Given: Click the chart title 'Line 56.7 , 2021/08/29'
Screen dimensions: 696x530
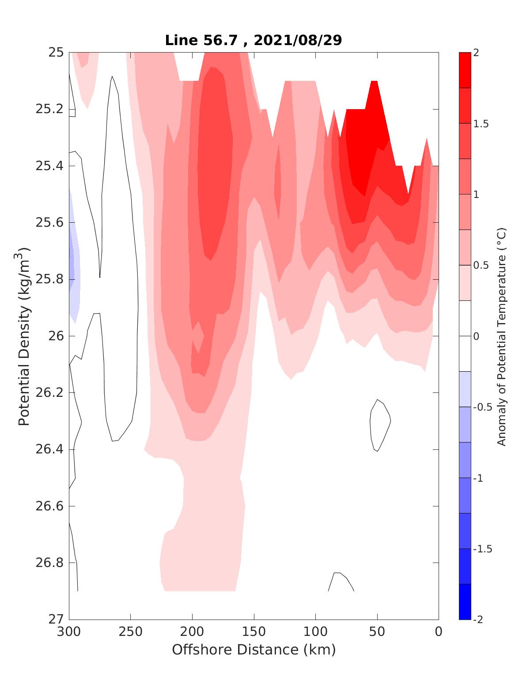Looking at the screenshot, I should [254, 40].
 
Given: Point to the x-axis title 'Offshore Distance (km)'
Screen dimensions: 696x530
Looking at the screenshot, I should [254, 650].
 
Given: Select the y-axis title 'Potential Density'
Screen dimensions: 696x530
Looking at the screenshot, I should [24, 336].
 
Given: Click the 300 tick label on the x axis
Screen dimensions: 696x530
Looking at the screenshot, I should [69, 632].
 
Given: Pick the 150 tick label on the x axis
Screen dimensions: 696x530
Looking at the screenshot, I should [254, 632].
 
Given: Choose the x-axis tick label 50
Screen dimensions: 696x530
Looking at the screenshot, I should [377, 632].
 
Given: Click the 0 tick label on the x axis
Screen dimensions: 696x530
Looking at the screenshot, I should [439, 632].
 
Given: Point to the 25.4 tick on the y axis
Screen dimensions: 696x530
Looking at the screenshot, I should [49, 166].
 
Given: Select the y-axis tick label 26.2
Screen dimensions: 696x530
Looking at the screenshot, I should [49, 393].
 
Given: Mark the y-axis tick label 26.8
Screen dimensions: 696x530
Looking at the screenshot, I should [49, 563].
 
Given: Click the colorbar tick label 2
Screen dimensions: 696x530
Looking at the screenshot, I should [476, 53].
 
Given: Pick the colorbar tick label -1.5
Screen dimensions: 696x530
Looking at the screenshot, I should [482, 549].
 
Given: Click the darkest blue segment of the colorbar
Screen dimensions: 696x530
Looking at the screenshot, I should [465, 601].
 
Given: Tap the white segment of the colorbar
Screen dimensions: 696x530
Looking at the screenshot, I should [465, 336].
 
